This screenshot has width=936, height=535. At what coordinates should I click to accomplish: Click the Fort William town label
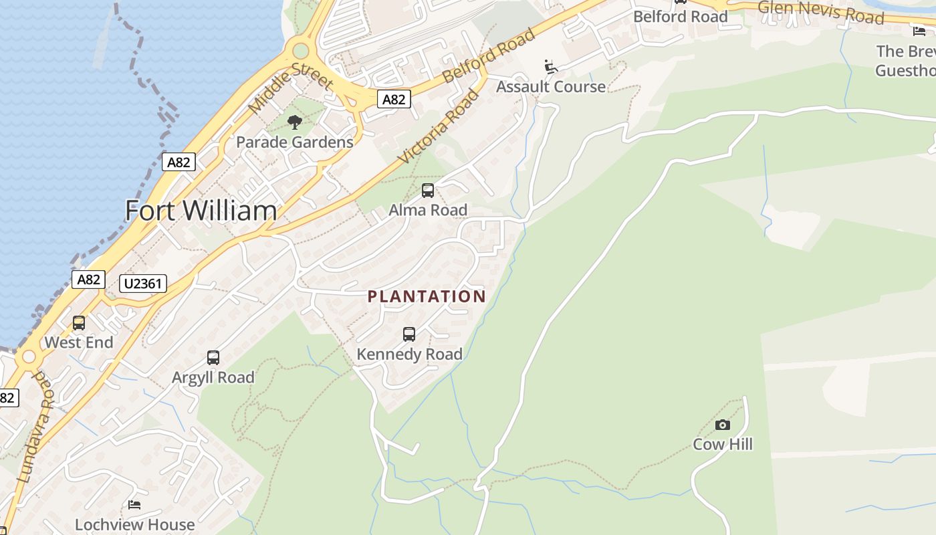pyautogui.click(x=201, y=211)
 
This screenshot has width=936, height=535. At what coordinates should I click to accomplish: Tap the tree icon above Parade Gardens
pyautogui.click(x=294, y=122)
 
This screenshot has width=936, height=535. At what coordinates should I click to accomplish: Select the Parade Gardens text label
pyautogui.click(x=294, y=142)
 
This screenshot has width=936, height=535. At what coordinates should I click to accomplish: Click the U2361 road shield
pyautogui.click(x=143, y=284)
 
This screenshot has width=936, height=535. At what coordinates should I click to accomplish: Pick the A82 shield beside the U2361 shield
pyautogui.click(x=88, y=279)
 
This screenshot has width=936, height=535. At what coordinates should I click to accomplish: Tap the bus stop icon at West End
pyautogui.click(x=79, y=323)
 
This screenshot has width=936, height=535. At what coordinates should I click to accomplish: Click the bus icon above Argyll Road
pyautogui.click(x=213, y=358)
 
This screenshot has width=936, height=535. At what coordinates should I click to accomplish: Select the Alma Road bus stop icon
pyautogui.click(x=428, y=191)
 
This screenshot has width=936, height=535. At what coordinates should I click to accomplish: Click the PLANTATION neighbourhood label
pyautogui.click(x=427, y=296)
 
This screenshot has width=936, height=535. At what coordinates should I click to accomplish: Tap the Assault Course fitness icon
pyautogui.click(x=551, y=67)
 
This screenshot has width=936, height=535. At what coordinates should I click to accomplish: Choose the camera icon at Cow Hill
pyautogui.click(x=722, y=425)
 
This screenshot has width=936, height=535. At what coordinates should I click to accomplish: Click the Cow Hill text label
pyautogui.click(x=722, y=444)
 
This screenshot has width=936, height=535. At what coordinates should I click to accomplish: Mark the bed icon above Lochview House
pyautogui.click(x=134, y=505)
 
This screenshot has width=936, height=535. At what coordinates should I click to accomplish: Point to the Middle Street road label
pyautogui.click(x=290, y=87)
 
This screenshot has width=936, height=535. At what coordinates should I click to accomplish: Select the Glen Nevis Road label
pyautogui.click(x=821, y=11)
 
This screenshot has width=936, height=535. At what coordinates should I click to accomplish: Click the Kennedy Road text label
pyautogui.click(x=409, y=354)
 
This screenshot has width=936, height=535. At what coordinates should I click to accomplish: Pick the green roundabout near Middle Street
pyautogui.click(x=301, y=51)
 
